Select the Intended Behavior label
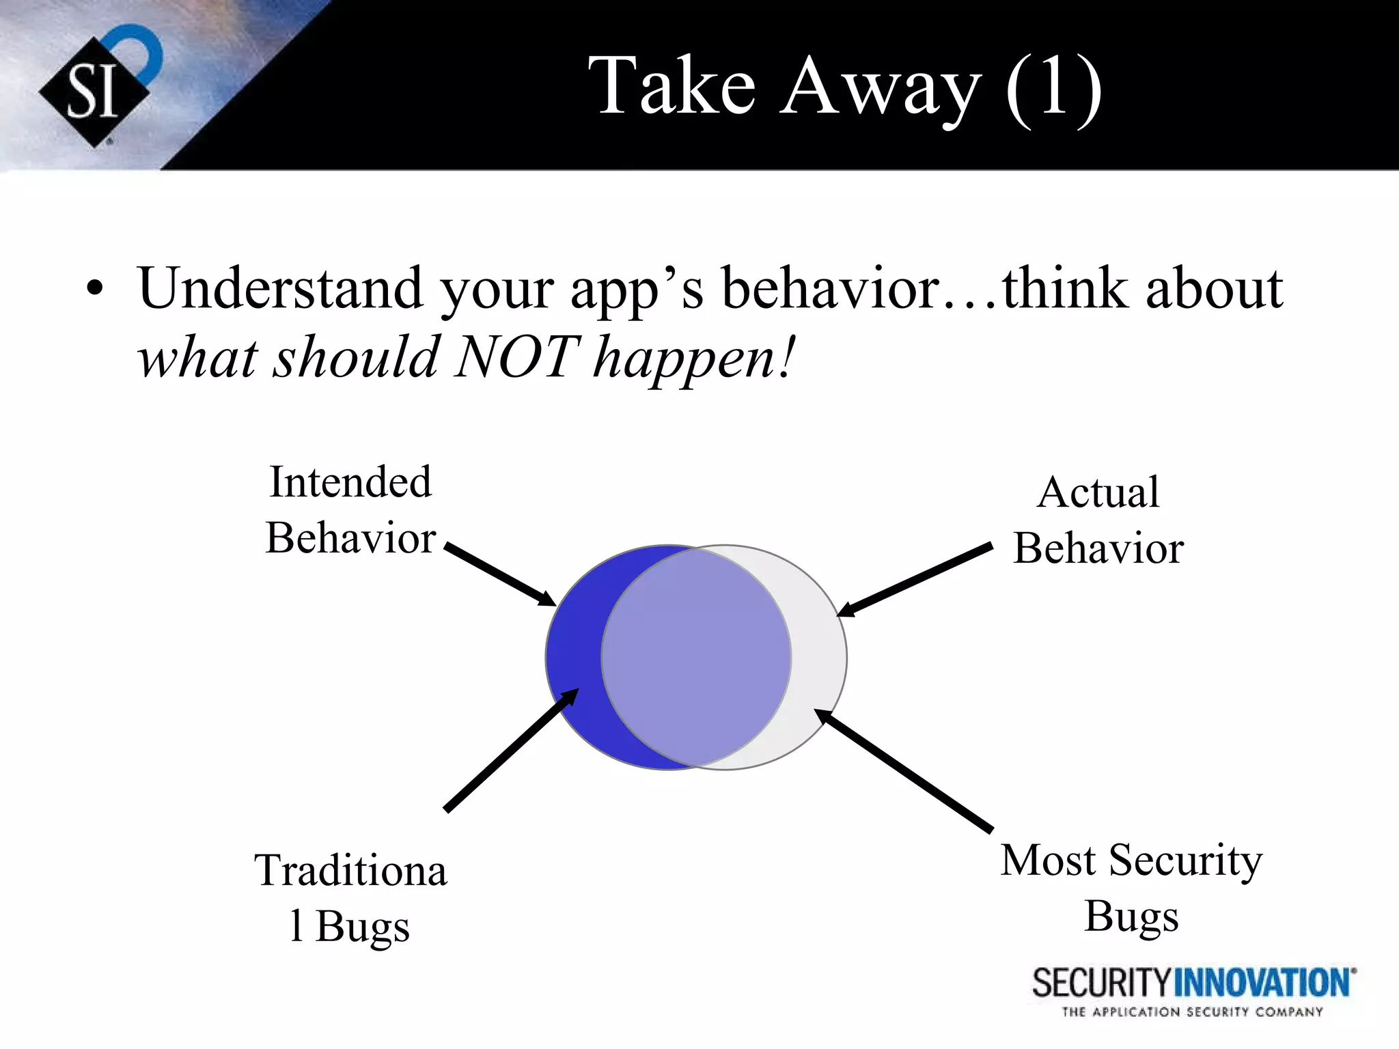(350, 509)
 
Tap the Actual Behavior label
(1098, 520)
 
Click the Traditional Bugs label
(350, 897)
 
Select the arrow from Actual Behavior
(915, 580)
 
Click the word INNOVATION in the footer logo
(1263, 983)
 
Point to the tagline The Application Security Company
(1192, 1012)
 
